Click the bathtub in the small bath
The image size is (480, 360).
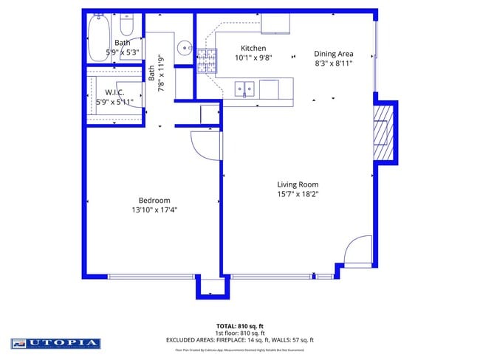99,38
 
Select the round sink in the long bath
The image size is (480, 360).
184,44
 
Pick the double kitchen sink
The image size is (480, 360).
245,89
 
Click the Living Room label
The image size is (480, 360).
298,184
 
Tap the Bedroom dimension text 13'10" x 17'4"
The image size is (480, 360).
154,210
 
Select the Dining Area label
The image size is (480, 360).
333,53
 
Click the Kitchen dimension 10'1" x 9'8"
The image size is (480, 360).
254,58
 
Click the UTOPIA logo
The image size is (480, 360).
55,343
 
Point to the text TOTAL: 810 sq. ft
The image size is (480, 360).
239,325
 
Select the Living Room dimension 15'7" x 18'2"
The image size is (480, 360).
298,195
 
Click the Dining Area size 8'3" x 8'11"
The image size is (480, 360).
333,63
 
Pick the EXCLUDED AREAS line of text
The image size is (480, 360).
239,340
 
